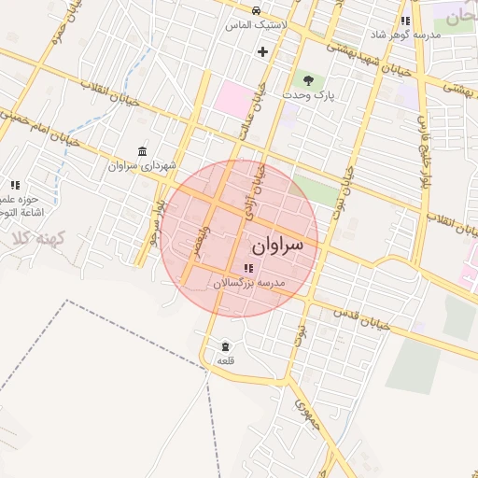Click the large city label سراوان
[278, 246]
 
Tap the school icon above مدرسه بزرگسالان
[247, 269]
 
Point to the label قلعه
[226, 359]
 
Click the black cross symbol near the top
[262, 51]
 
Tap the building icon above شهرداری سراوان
[142, 151]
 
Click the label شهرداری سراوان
[142, 165]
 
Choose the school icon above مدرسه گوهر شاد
[405, 21]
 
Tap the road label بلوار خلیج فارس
[422, 140]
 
